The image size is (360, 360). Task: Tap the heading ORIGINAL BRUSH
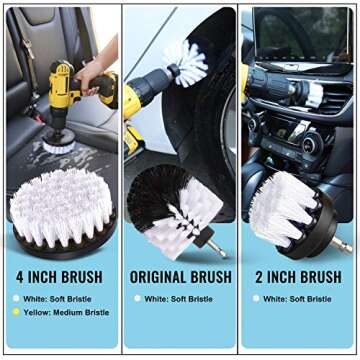180,276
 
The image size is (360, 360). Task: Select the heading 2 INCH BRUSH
300,276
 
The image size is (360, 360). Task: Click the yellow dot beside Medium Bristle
15,312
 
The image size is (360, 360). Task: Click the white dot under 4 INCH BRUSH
15,298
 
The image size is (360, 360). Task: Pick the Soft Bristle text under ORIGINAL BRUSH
188,298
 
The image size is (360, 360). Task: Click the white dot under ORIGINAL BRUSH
135,298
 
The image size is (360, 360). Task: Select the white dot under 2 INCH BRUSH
255,298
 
